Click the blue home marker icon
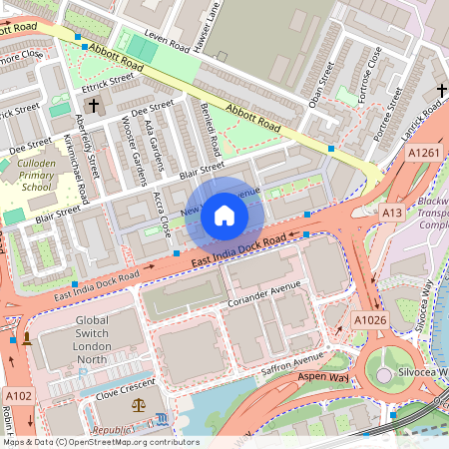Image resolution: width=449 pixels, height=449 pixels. coord(224,215)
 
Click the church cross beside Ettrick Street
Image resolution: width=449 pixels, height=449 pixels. coord(94,105)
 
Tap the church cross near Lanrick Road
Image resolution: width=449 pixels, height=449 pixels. coord(440,92)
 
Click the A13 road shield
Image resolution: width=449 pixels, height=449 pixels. coord(392,214)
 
